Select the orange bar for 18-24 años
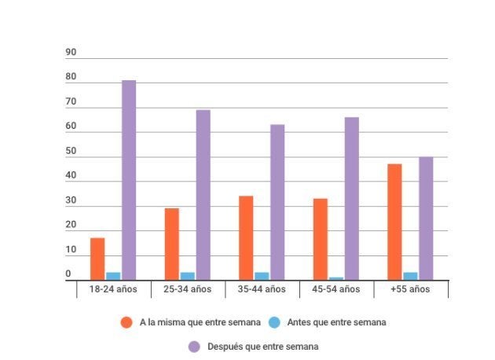[x=97, y=258]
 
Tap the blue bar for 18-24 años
[x=113, y=276]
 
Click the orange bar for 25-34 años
[x=172, y=244]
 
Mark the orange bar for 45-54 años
[x=321, y=239]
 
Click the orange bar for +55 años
[x=394, y=222]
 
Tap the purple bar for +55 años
[x=426, y=218]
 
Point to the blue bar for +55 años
[x=410, y=276]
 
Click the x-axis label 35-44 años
[x=262, y=289]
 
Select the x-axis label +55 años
[x=410, y=289]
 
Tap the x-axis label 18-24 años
[x=113, y=289]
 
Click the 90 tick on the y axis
[x=71, y=53]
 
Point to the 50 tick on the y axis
[x=71, y=151]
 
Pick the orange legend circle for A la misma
[x=126, y=322]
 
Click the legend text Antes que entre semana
[x=335, y=322]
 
